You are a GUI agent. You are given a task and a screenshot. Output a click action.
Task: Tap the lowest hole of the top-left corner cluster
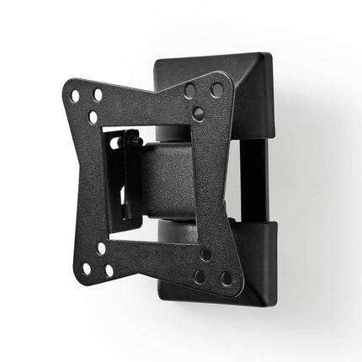[93, 117]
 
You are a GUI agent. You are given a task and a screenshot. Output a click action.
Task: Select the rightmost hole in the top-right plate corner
[217, 89]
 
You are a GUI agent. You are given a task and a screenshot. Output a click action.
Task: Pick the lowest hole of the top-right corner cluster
[198, 112]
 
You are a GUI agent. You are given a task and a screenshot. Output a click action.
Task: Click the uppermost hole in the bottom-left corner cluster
[101, 249]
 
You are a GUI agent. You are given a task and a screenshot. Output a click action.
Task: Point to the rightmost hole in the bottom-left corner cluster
[109, 271]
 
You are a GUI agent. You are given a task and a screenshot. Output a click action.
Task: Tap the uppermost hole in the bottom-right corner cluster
[205, 254]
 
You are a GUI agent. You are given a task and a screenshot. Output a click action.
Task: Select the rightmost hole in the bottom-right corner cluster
[226, 278]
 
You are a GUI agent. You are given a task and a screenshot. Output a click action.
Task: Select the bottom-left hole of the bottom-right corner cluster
[200, 275]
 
